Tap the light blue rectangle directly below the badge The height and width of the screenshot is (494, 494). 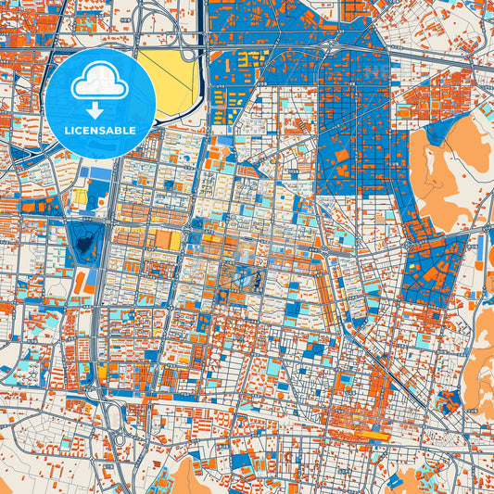(x=94, y=170)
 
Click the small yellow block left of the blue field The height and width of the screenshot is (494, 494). (x=81, y=196)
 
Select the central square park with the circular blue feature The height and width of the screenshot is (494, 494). (x=243, y=275)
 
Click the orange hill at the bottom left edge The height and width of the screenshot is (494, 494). (x=184, y=476)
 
